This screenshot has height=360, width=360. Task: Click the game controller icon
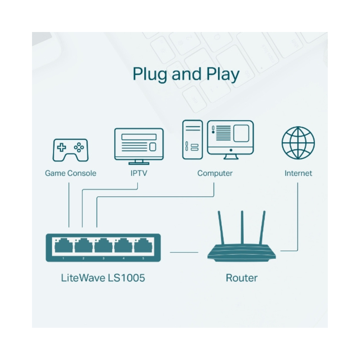[x=71, y=150]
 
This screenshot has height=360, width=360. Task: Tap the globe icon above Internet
[x=298, y=143]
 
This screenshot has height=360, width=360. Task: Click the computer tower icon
[x=192, y=140]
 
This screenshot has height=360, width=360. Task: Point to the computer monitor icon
[x=230, y=139]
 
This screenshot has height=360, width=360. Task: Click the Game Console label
[x=71, y=173]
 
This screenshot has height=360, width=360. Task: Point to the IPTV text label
[x=139, y=173]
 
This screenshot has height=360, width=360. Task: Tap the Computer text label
[x=215, y=173]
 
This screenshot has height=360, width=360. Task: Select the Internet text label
[x=298, y=173]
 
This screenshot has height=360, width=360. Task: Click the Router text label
[x=242, y=278]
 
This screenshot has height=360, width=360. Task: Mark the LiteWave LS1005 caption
[x=103, y=278]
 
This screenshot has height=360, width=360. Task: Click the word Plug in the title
[x=150, y=75]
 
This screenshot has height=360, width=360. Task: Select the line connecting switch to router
[x=184, y=252]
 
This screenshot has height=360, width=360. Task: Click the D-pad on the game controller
[x=62, y=147]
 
